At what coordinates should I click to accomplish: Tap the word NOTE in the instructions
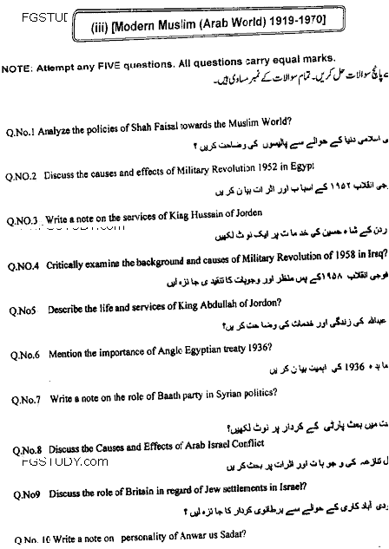[x=16, y=69]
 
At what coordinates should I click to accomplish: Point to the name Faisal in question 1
[x=186, y=121]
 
